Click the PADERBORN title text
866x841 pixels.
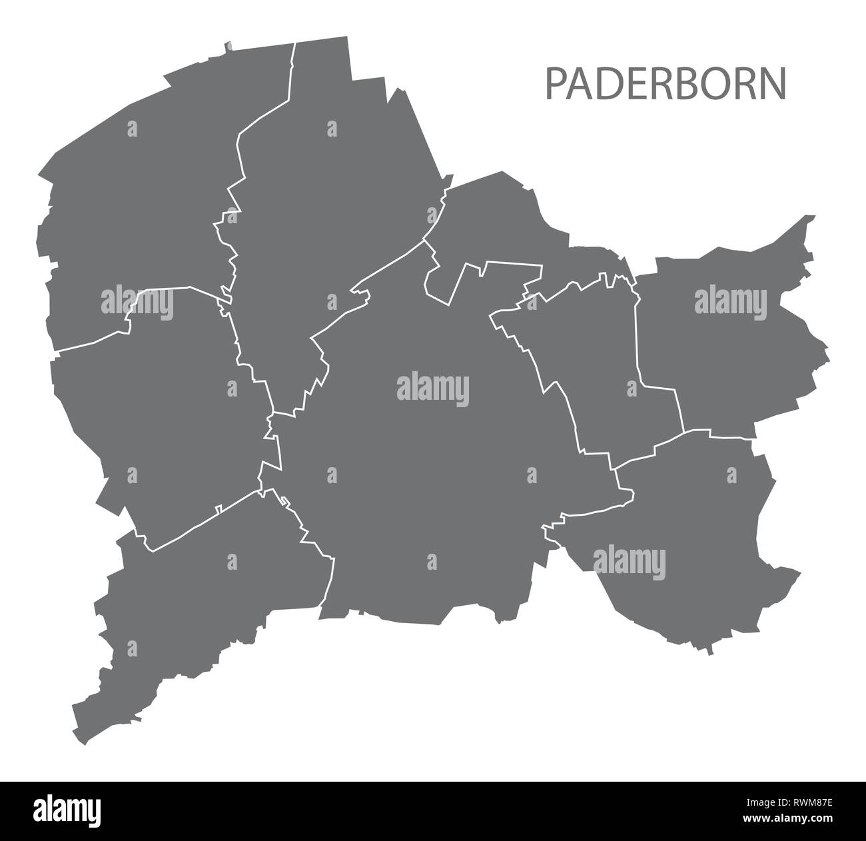[665, 83]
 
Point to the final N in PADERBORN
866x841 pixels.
[774, 83]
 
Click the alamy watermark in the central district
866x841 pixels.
[433, 389]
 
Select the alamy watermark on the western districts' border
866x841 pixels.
[137, 303]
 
